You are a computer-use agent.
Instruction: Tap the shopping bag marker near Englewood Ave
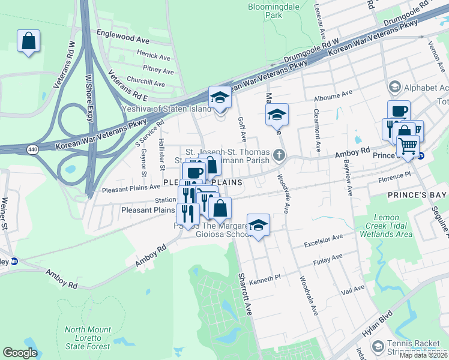(x=28, y=42)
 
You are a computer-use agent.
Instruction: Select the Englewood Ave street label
(x=122, y=37)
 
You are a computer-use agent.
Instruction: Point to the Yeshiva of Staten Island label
(x=166, y=109)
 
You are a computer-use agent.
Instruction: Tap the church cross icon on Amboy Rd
(x=279, y=155)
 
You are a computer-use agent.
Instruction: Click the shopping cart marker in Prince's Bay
(x=408, y=146)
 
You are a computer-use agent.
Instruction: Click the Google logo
(x=20, y=353)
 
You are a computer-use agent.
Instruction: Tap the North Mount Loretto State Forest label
(x=88, y=338)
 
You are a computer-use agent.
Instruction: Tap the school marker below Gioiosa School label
(x=258, y=226)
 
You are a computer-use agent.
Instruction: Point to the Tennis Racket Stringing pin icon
(x=378, y=346)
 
